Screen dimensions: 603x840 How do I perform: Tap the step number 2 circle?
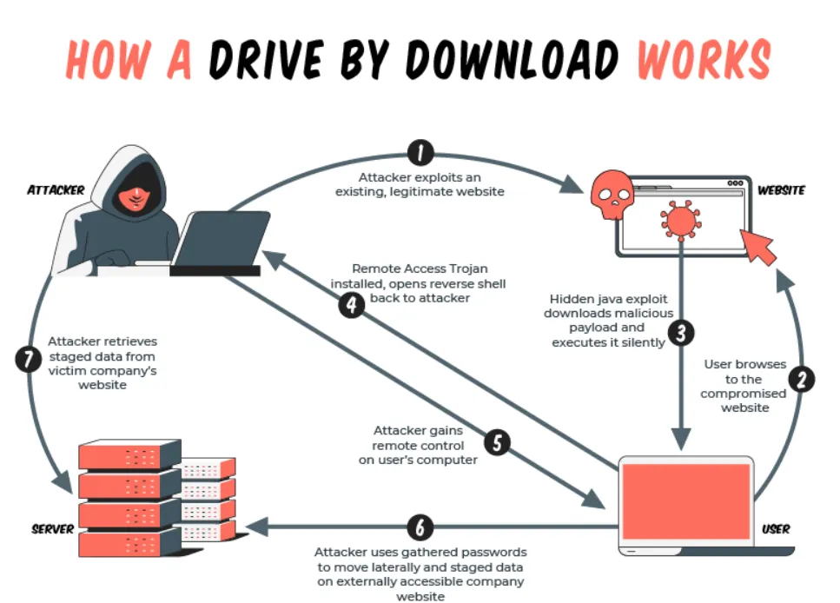pyautogui.click(x=801, y=379)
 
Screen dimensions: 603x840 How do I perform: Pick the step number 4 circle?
pyautogui.click(x=351, y=306)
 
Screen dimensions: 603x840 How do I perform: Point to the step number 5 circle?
pyautogui.click(x=497, y=442)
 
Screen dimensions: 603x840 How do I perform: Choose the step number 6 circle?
pyautogui.click(x=420, y=527)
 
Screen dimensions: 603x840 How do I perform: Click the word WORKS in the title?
pyautogui.click(x=704, y=61)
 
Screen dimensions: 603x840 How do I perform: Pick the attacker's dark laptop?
pyautogui.click(x=222, y=242)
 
